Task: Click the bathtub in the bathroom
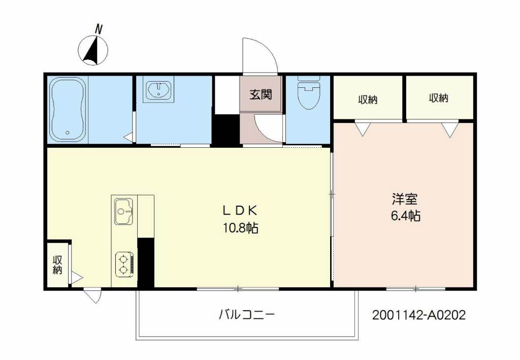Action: pos(68,109)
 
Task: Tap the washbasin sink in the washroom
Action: pos(159,89)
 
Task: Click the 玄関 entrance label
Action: pos(261,94)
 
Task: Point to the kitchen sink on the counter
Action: pos(124,212)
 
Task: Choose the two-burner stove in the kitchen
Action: pos(124,265)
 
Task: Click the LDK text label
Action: pos(240,210)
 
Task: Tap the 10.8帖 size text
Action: pos(241,228)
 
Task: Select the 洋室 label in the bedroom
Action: pos(405,199)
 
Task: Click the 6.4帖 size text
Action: pos(406,216)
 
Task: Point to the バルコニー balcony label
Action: pos(247,314)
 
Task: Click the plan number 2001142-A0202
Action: pos(419,315)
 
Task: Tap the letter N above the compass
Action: pos(98,29)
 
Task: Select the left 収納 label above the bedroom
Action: pos(368,100)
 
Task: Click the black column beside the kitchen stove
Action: pos(146,263)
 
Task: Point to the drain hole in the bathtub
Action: pos(68,133)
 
